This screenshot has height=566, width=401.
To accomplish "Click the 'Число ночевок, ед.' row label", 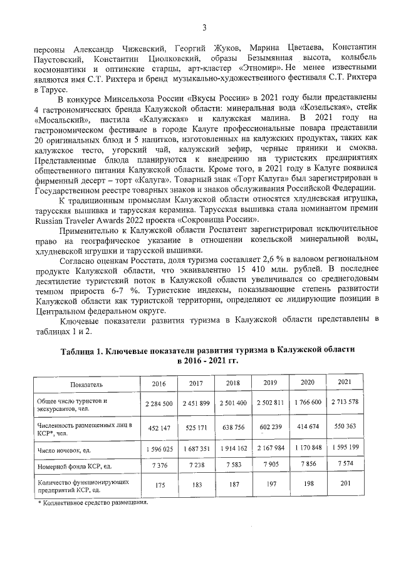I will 65,449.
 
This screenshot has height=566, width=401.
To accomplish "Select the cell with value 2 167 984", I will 270,449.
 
